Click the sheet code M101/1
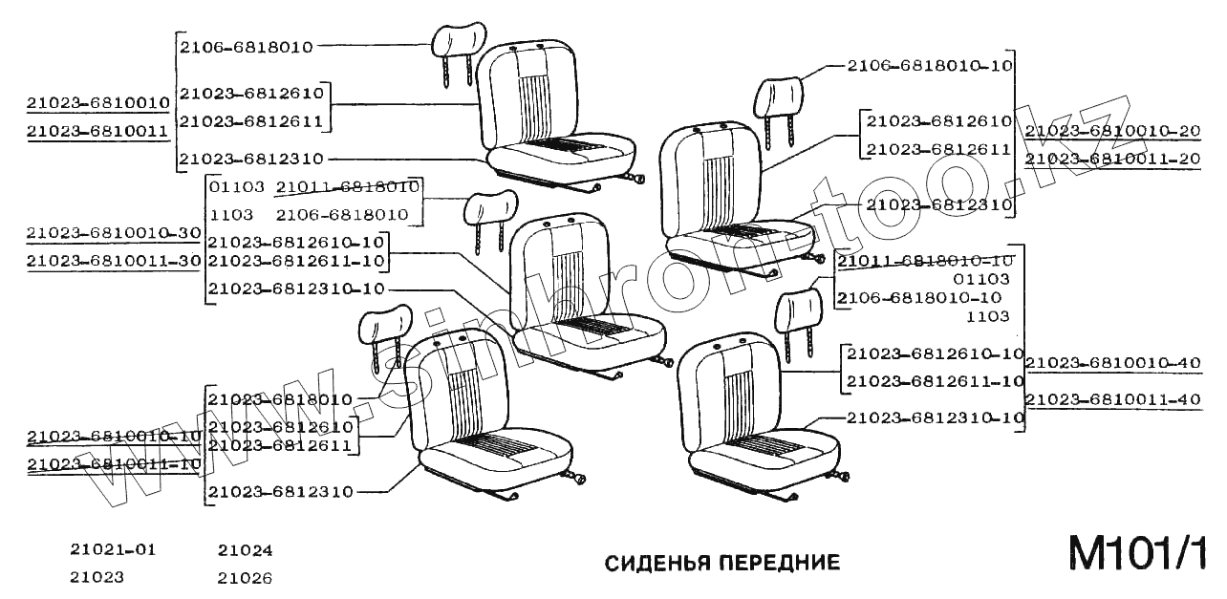(1137, 554)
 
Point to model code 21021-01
(113, 550)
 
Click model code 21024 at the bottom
(245, 550)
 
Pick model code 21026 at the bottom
(245, 578)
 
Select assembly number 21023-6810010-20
(1112, 131)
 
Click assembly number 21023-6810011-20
(1112, 159)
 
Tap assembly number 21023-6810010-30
(114, 232)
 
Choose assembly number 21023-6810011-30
(114, 260)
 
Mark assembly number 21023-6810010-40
(1112, 363)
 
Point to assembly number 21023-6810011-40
(1112, 399)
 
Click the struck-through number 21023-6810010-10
(114, 437)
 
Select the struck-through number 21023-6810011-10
(114, 464)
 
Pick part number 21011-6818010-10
(924, 261)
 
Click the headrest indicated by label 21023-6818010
(384, 328)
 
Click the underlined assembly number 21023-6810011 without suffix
(97, 131)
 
